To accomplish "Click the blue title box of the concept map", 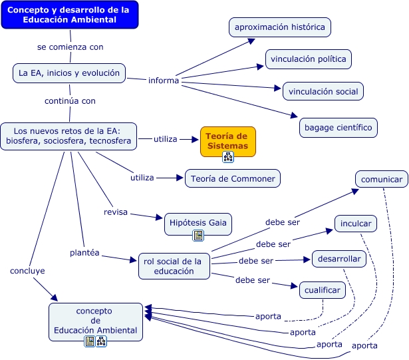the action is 70,15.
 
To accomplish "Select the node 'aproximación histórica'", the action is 280,27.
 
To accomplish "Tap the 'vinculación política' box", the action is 309,59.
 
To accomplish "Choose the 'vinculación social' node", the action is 323,91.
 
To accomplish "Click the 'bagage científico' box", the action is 339,128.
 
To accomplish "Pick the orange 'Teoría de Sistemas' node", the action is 228,142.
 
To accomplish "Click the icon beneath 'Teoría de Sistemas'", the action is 228,157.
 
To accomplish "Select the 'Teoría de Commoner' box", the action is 233,178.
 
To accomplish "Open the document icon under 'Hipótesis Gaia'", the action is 198,236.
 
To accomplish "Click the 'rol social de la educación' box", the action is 174,266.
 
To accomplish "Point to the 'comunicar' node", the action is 382,180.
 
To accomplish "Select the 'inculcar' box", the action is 356,224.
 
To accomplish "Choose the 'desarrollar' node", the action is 339,259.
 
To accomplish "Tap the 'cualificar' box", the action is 323,290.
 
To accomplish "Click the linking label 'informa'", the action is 164,81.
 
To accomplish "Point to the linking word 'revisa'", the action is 116,212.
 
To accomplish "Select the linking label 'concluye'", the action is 27,271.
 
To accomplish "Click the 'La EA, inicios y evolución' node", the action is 69,73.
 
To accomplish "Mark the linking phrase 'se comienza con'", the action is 70,47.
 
